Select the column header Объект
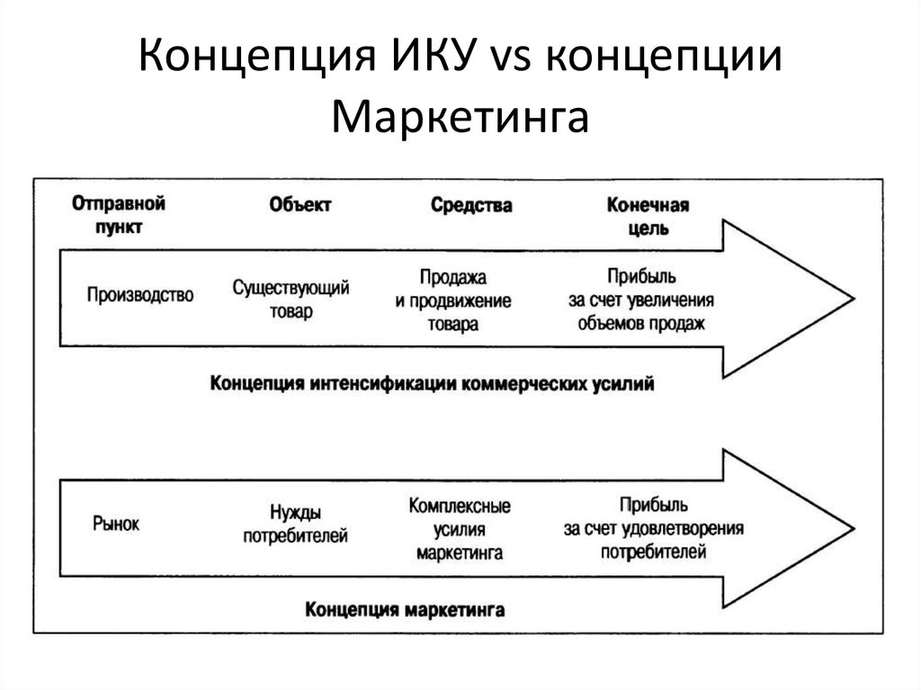pyautogui.click(x=300, y=204)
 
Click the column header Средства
pyautogui.click(x=471, y=205)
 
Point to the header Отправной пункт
pyautogui.click(x=119, y=215)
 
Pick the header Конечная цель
pyautogui.click(x=648, y=216)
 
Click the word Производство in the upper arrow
pyautogui.click(x=140, y=294)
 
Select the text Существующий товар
pyautogui.click(x=291, y=300)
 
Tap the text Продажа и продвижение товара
pyautogui.click(x=453, y=300)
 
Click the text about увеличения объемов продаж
pyautogui.click(x=640, y=300)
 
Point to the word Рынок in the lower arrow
pyautogui.click(x=116, y=523)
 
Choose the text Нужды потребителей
pyautogui.click(x=295, y=524)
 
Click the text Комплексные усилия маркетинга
pyautogui.click(x=460, y=529)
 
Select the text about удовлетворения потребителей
pyautogui.click(x=653, y=528)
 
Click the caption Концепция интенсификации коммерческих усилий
pyautogui.click(x=432, y=384)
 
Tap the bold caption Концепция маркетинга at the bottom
pyautogui.click(x=405, y=609)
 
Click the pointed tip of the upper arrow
pyautogui.click(x=854, y=299)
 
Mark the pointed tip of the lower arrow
pyautogui.click(x=854, y=528)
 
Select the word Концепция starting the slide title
pyautogui.click(x=256, y=58)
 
